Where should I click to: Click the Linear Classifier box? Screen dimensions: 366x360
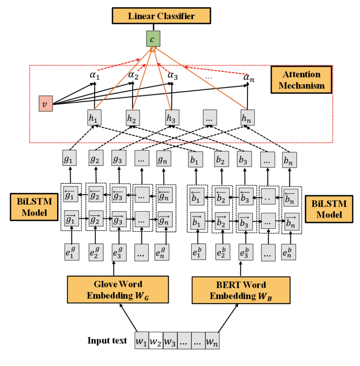161,16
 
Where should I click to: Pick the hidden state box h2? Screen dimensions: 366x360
134,117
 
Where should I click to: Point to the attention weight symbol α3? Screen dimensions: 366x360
173,76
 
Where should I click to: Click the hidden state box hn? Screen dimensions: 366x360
247,117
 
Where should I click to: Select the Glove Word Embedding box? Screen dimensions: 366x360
118,290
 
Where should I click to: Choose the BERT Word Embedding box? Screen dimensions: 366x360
241,290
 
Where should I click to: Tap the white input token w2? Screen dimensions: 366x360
156,341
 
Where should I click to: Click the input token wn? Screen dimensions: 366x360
212,341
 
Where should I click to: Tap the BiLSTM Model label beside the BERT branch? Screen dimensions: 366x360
328,209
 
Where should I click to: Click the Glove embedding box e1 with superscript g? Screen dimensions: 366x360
72,252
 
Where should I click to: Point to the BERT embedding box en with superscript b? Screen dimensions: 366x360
289,252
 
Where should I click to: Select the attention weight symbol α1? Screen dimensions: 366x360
95,76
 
